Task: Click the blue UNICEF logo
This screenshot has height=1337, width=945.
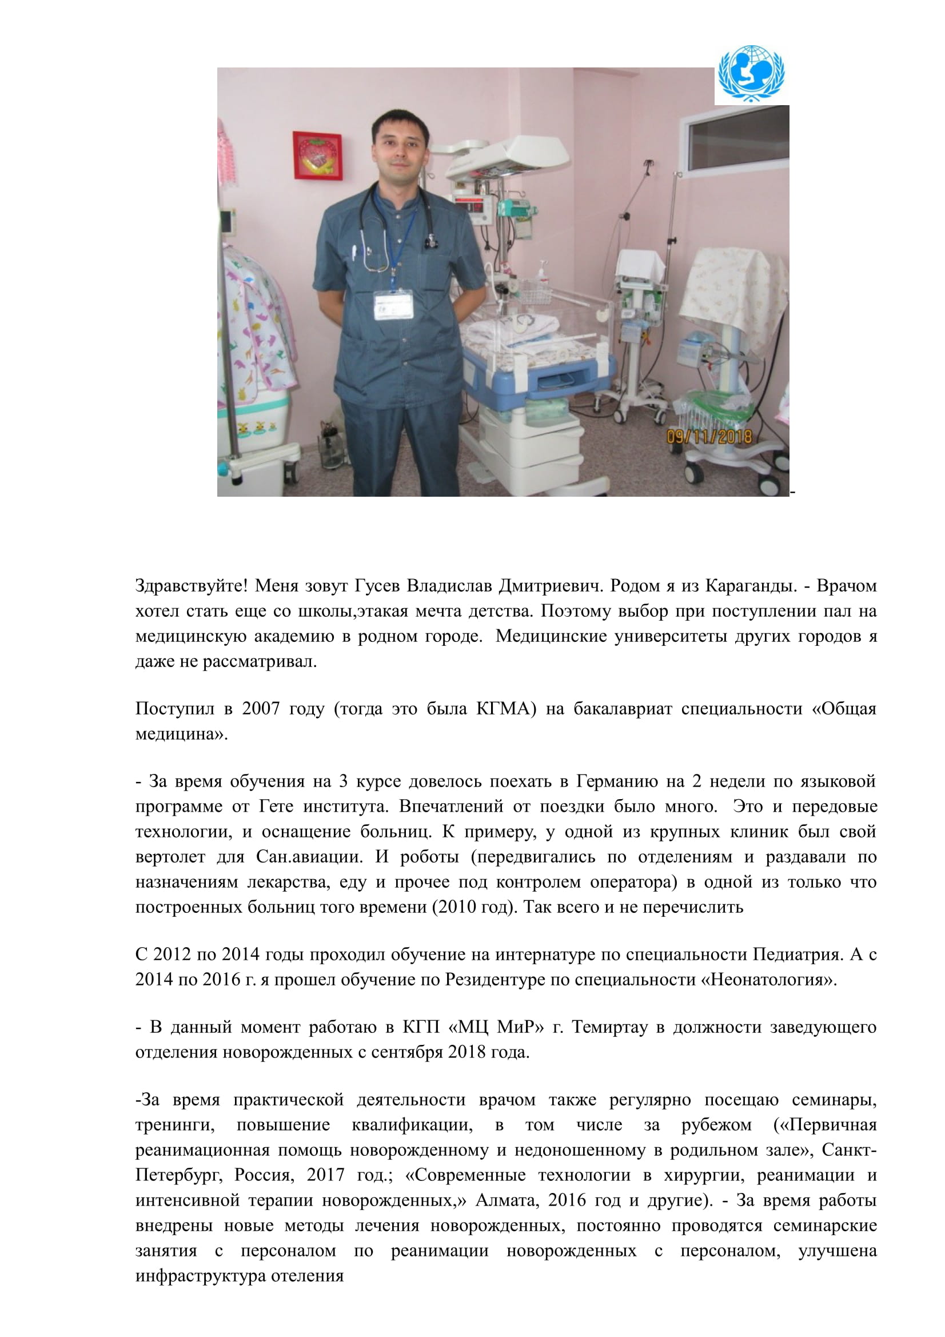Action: [x=751, y=74]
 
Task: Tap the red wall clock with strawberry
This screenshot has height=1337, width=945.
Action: [x=317, y=156]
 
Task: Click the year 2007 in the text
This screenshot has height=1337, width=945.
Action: [x=261, y=709]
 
